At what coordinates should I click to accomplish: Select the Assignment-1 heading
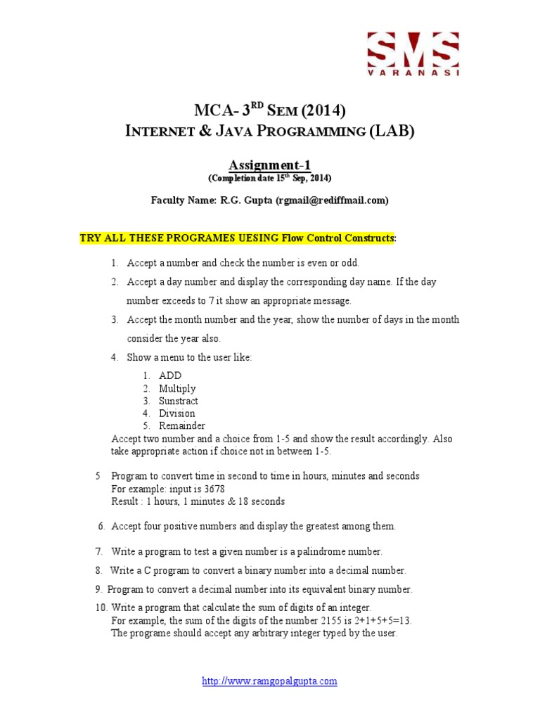coord(270,165)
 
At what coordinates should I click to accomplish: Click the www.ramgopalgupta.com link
coord(270,681)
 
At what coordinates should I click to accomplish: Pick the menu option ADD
coord(170,375)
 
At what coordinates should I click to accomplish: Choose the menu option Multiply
coord(177,388)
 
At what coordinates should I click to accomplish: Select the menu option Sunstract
coord(179,401)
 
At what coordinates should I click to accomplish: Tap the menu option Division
coord(177,413)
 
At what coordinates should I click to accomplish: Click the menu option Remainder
coord(182,426)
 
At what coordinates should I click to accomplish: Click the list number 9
coord(98,589)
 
